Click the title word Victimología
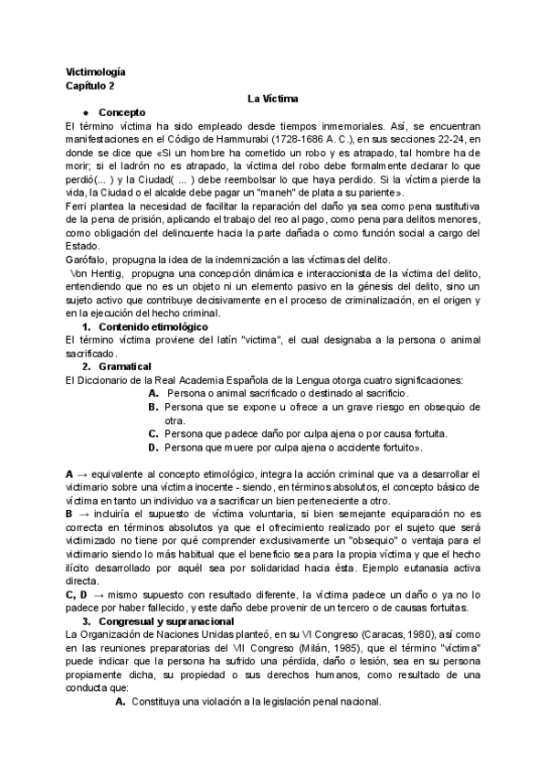[x=96, y=71]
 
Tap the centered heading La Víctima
[x=274, y=98]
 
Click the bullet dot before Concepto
[x=85, y=111]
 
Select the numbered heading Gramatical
[x=125, y=366]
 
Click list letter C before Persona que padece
[x=153, y=433]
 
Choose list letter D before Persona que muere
[x=153, y=448]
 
